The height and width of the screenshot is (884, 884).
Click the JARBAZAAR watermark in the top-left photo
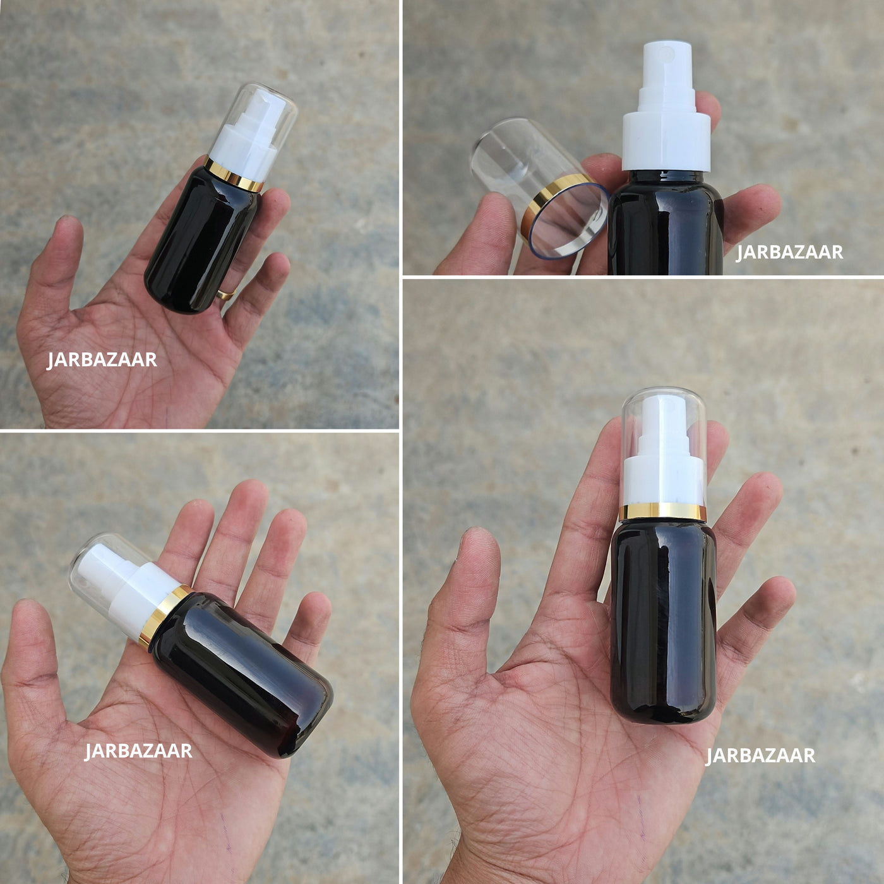[x=102, y=360]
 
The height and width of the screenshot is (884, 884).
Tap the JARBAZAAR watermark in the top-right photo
[x=789, y=253]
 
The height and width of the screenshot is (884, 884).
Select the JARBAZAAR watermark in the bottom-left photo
[x=138, y=751]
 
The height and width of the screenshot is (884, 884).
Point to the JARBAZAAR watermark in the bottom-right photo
[x=760, y=756]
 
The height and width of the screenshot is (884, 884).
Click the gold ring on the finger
[x=226, y=294]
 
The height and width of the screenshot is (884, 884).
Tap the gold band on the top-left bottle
[x=234, y=175]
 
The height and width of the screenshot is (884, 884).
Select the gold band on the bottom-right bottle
[x=662, y=512]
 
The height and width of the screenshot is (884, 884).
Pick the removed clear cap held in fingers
[x=539, y=188]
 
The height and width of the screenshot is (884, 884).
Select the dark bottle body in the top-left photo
[x=203, y=241]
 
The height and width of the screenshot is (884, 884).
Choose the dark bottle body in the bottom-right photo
[x=663, y=624]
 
